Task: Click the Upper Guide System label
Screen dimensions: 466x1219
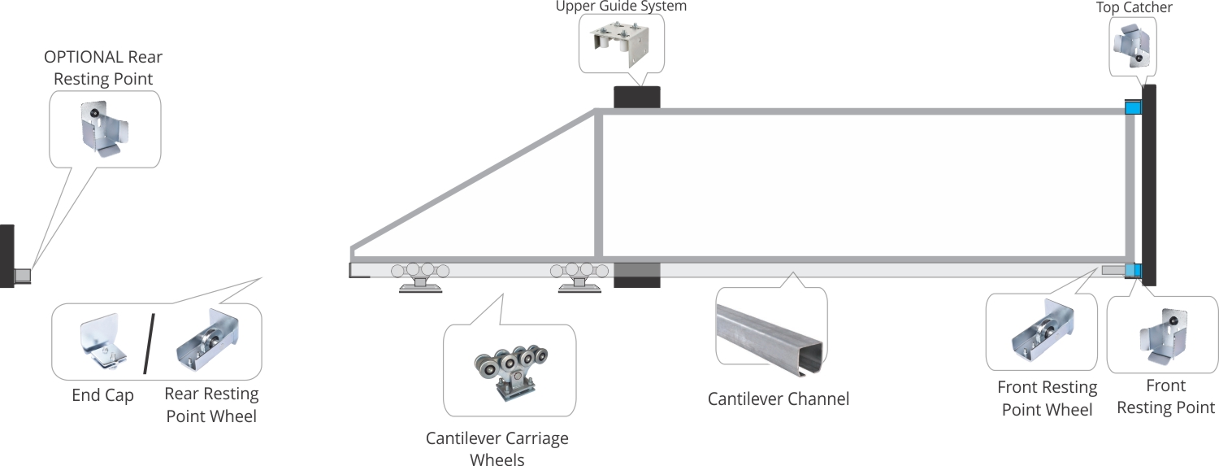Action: (621, 7)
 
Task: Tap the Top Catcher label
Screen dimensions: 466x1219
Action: (1134, 8)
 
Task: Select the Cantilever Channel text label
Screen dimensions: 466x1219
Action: (778, 398)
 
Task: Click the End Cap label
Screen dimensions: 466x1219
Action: (102, 395)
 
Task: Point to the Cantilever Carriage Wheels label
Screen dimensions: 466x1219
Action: (497, 449)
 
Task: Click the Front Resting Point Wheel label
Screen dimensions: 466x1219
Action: (1047, 398)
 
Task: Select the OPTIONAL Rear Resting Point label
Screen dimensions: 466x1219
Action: (103, 68)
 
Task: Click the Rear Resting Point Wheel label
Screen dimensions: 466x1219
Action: (211, 404)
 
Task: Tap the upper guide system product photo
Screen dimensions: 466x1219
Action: (622, 44)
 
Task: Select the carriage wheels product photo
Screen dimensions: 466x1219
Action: (510, 371)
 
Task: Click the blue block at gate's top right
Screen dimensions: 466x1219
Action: (1132, 107)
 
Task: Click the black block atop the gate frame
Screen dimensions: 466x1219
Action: (636, 97)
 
